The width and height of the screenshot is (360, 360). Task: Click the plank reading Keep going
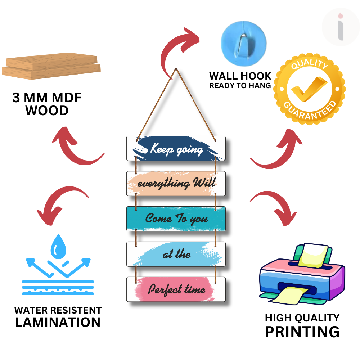(x=176, y=148)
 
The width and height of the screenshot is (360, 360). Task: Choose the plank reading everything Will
(x=176, y=184)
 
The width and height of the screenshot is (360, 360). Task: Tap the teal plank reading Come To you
(x=176, y=219)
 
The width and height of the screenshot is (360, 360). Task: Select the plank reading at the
(x=176, y=254)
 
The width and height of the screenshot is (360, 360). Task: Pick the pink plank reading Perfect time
(x=176, y=289)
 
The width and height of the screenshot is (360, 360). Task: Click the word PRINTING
(x=302, y=331)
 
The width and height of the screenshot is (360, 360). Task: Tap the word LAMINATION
(x=58, y=322)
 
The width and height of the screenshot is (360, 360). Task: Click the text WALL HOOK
(x=240, y=76)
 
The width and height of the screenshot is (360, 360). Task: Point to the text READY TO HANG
(x=240, y=86)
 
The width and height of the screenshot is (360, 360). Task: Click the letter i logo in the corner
(x=340, y=27)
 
